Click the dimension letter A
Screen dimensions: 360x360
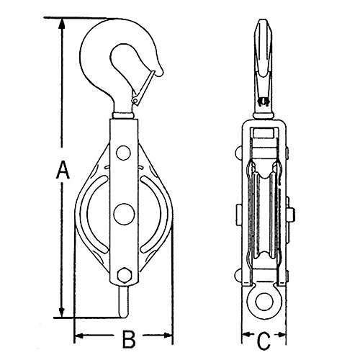[x=63, y=170]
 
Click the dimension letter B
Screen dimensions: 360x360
[x=129, y=339]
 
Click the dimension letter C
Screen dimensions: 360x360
[x=264, y=341]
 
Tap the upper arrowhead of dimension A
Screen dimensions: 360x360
[x=62, y=24]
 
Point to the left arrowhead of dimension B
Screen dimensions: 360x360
[x=79, y=336]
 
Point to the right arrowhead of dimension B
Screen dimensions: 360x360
[x=168, y=336]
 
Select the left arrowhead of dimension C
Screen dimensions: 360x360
[x=246, y=334]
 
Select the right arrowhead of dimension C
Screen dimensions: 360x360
[x=282, y=334]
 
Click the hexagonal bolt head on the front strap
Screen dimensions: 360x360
[x=125, y=274]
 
